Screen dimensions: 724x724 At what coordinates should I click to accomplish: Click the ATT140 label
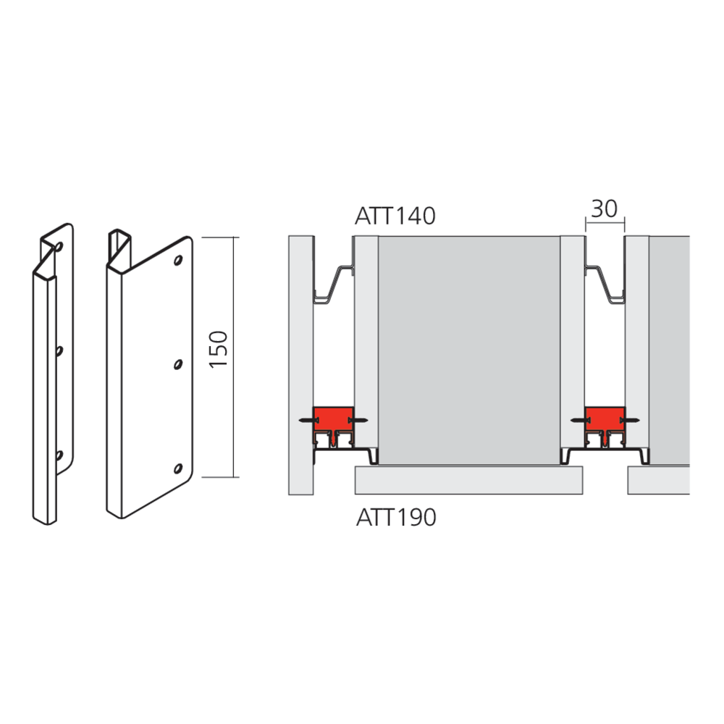(395, 216)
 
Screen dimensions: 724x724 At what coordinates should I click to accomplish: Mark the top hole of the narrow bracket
(59, 247)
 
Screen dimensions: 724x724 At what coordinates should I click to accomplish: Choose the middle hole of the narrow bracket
(59, 350)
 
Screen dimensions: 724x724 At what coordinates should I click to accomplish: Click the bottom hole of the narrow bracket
(59, 455)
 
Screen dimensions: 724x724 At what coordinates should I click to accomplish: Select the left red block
(332, 418)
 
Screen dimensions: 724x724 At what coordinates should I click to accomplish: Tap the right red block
(605, 418)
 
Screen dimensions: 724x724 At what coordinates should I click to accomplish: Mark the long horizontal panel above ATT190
(469, 480)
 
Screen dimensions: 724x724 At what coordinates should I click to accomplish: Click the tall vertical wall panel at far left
(300, 365)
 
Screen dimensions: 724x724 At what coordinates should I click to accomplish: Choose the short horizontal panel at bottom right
(658, 480)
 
